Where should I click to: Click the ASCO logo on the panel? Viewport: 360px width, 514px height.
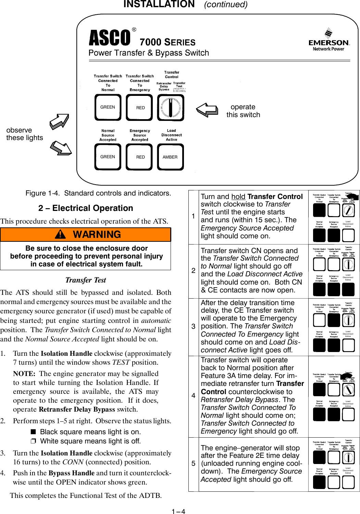click(110, 38)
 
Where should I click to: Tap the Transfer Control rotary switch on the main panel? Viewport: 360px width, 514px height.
click(170, 108)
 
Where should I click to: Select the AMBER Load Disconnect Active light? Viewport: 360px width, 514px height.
click(170, 157)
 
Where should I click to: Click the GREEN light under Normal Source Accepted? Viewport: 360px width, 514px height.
click(108, 157)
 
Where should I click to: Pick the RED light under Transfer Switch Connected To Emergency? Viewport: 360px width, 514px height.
click(140, 108)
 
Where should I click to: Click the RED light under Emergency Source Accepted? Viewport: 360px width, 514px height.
click(140, 157)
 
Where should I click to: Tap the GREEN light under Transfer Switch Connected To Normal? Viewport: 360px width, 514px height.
click(108, 108)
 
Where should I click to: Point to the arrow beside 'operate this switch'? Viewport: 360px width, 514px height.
click(207, 110)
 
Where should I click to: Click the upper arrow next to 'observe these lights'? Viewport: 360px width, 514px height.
click(60, 122)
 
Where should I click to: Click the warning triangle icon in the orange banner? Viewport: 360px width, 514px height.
click(61, 235)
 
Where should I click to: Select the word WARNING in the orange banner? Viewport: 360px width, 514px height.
click(97, 235)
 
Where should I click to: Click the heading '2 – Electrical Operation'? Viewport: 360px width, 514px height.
click(86, 208)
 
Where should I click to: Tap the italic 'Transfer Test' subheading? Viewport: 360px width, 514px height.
click(86, 280)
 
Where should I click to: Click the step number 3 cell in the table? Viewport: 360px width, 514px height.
click(194, 327)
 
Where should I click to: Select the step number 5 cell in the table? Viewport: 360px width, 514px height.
click(194, 464)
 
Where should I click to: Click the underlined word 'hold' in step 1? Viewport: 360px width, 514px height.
click(238, 197)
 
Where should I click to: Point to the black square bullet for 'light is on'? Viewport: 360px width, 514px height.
click(33, 432)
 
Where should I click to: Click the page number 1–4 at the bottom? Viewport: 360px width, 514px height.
click(178, 512)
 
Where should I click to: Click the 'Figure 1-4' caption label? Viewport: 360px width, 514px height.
click(42, 193)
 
